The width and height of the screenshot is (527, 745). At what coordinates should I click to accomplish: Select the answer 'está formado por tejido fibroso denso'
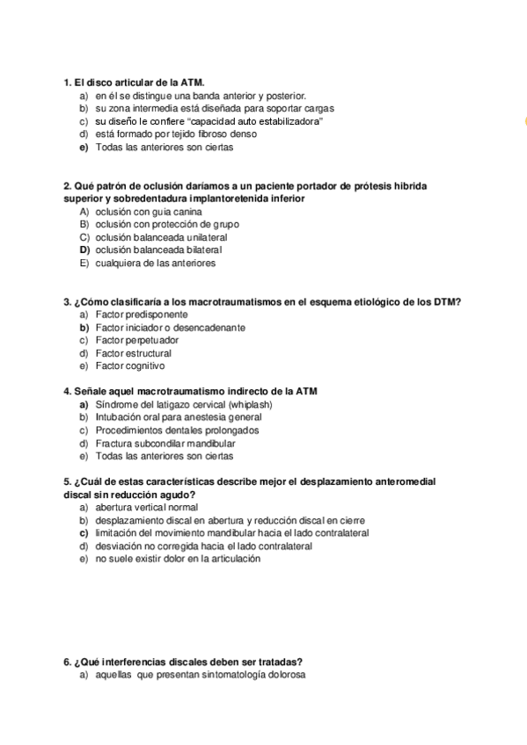[176, 134]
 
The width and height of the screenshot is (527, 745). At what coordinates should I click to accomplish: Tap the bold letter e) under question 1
[84, 148]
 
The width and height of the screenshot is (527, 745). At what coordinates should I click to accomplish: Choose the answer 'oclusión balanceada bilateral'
[158, 250]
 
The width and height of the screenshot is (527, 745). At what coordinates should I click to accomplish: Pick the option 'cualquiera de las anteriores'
[155, 263]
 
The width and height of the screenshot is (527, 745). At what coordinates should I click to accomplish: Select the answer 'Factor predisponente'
[141, 315]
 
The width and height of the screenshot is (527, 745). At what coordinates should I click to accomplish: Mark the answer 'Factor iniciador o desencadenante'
[170, 328]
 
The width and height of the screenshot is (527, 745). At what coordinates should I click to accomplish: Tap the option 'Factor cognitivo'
[129, 365]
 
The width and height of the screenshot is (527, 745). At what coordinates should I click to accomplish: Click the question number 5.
[68, 482]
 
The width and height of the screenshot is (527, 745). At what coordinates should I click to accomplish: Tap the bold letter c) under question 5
[84, 532]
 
